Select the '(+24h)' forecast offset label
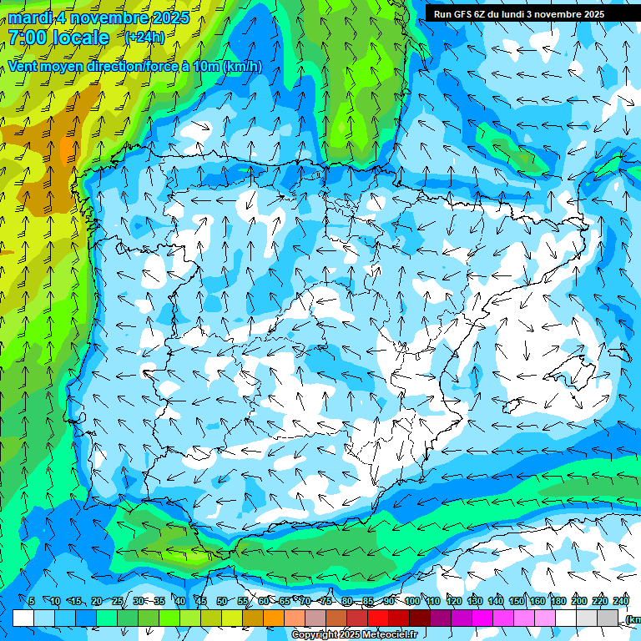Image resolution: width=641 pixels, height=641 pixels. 144,37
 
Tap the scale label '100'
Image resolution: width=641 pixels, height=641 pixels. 411,601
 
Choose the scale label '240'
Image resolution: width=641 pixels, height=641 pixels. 620,601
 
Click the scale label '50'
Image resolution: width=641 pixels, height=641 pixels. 222,601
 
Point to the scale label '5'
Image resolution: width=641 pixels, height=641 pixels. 32,601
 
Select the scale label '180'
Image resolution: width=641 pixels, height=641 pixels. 558,601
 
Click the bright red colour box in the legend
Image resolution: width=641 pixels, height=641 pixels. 379,618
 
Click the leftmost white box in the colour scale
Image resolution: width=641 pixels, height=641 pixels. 23,618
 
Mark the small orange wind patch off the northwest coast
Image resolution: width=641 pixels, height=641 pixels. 67,150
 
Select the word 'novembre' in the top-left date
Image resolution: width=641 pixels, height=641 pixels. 114,18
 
